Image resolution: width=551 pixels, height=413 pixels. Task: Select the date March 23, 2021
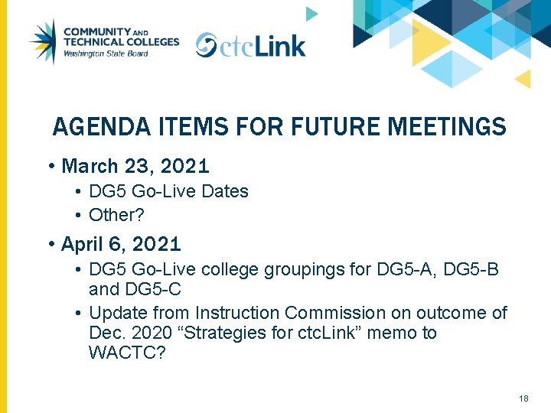(135, 166)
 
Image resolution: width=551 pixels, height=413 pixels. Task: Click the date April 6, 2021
(121, 245)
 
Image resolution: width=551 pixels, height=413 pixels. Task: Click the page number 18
(523, 398)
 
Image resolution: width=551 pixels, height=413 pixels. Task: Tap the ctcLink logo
(250, 45)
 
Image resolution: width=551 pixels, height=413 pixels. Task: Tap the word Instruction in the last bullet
(237, 313)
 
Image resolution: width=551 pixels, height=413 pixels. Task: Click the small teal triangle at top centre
(311, 13)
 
